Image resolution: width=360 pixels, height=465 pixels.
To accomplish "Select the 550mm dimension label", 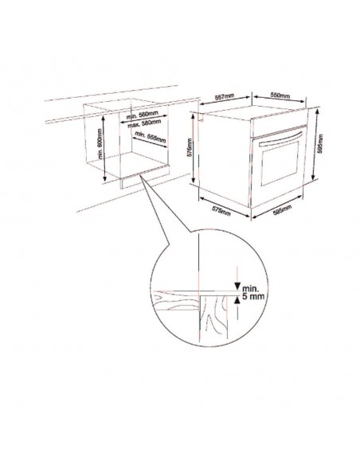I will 279,95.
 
